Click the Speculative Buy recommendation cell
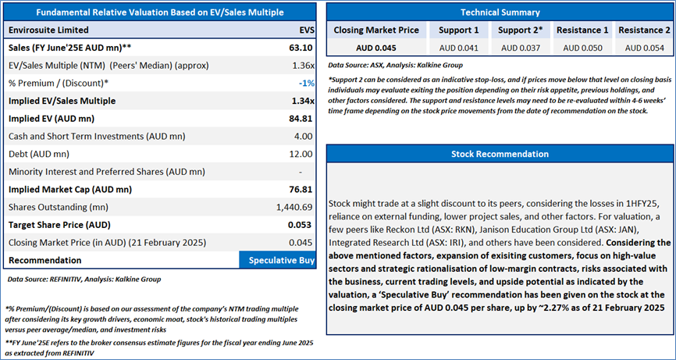pos(277,259)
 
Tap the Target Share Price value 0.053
pos(301,225)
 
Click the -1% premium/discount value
pos(307,83)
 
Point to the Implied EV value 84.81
pos(301,119)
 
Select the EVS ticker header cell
pos(307,30)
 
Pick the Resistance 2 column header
pos(643,30)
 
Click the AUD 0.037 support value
pos(520,48)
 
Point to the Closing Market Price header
pos(377,30)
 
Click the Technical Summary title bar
pos(500,12)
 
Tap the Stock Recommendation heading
pos(500,154)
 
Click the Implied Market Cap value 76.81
pos(301,189)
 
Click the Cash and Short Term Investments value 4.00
pos(304,136)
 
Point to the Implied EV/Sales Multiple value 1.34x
pos(302,101)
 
